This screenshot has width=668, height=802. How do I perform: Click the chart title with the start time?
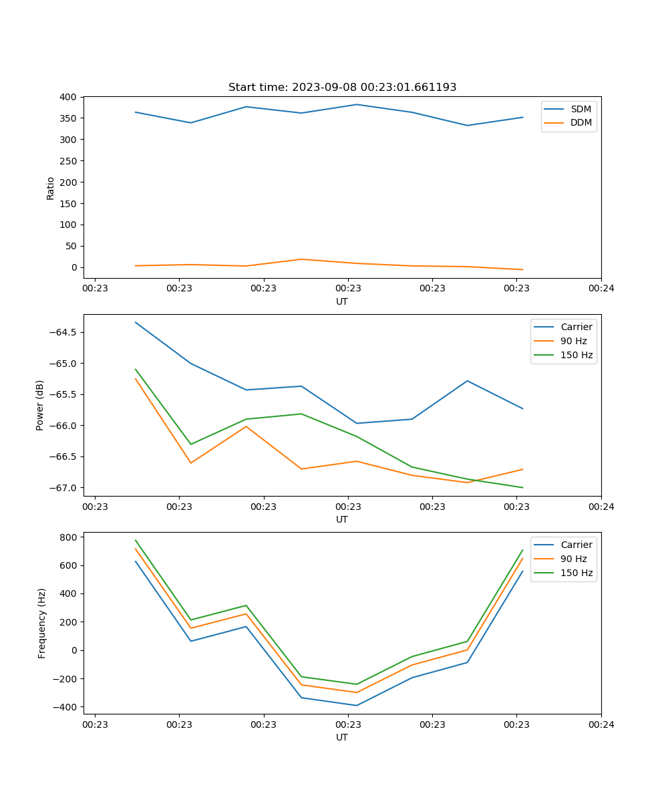tap(342, 88)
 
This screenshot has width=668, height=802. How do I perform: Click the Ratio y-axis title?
tap(51, 188)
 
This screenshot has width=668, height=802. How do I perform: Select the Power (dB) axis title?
tap(40, 405)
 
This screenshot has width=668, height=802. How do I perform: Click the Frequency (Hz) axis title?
tap(41, 623)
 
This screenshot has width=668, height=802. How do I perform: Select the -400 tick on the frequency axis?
tap(65, 707)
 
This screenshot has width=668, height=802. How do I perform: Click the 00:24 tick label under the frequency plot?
tap(601, 724)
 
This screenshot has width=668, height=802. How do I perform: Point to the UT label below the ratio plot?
tap(342, 301)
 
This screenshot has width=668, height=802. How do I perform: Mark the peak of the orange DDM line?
tap(301, 259)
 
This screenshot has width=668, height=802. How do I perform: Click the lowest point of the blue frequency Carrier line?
tap(356, 705)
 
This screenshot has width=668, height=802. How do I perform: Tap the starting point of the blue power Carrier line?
tap(136, 322)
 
